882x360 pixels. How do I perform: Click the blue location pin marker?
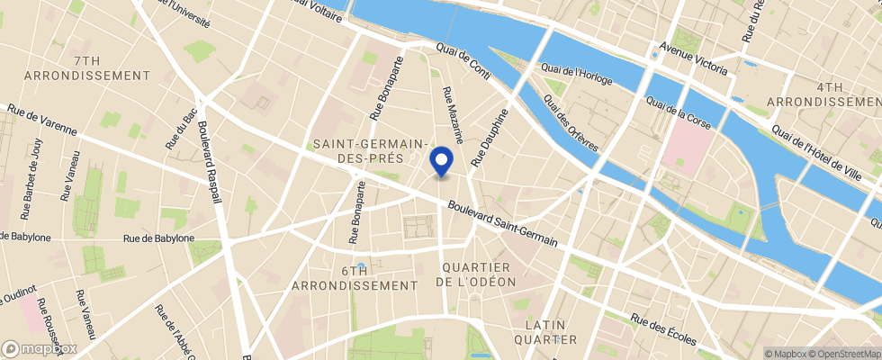tap(441, 161)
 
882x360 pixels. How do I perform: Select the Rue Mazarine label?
tap(452, 115)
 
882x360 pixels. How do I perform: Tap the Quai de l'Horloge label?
tap(576, 75)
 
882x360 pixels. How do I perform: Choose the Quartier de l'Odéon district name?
tap(476, 274)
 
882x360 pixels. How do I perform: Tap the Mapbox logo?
tap(40, 348)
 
